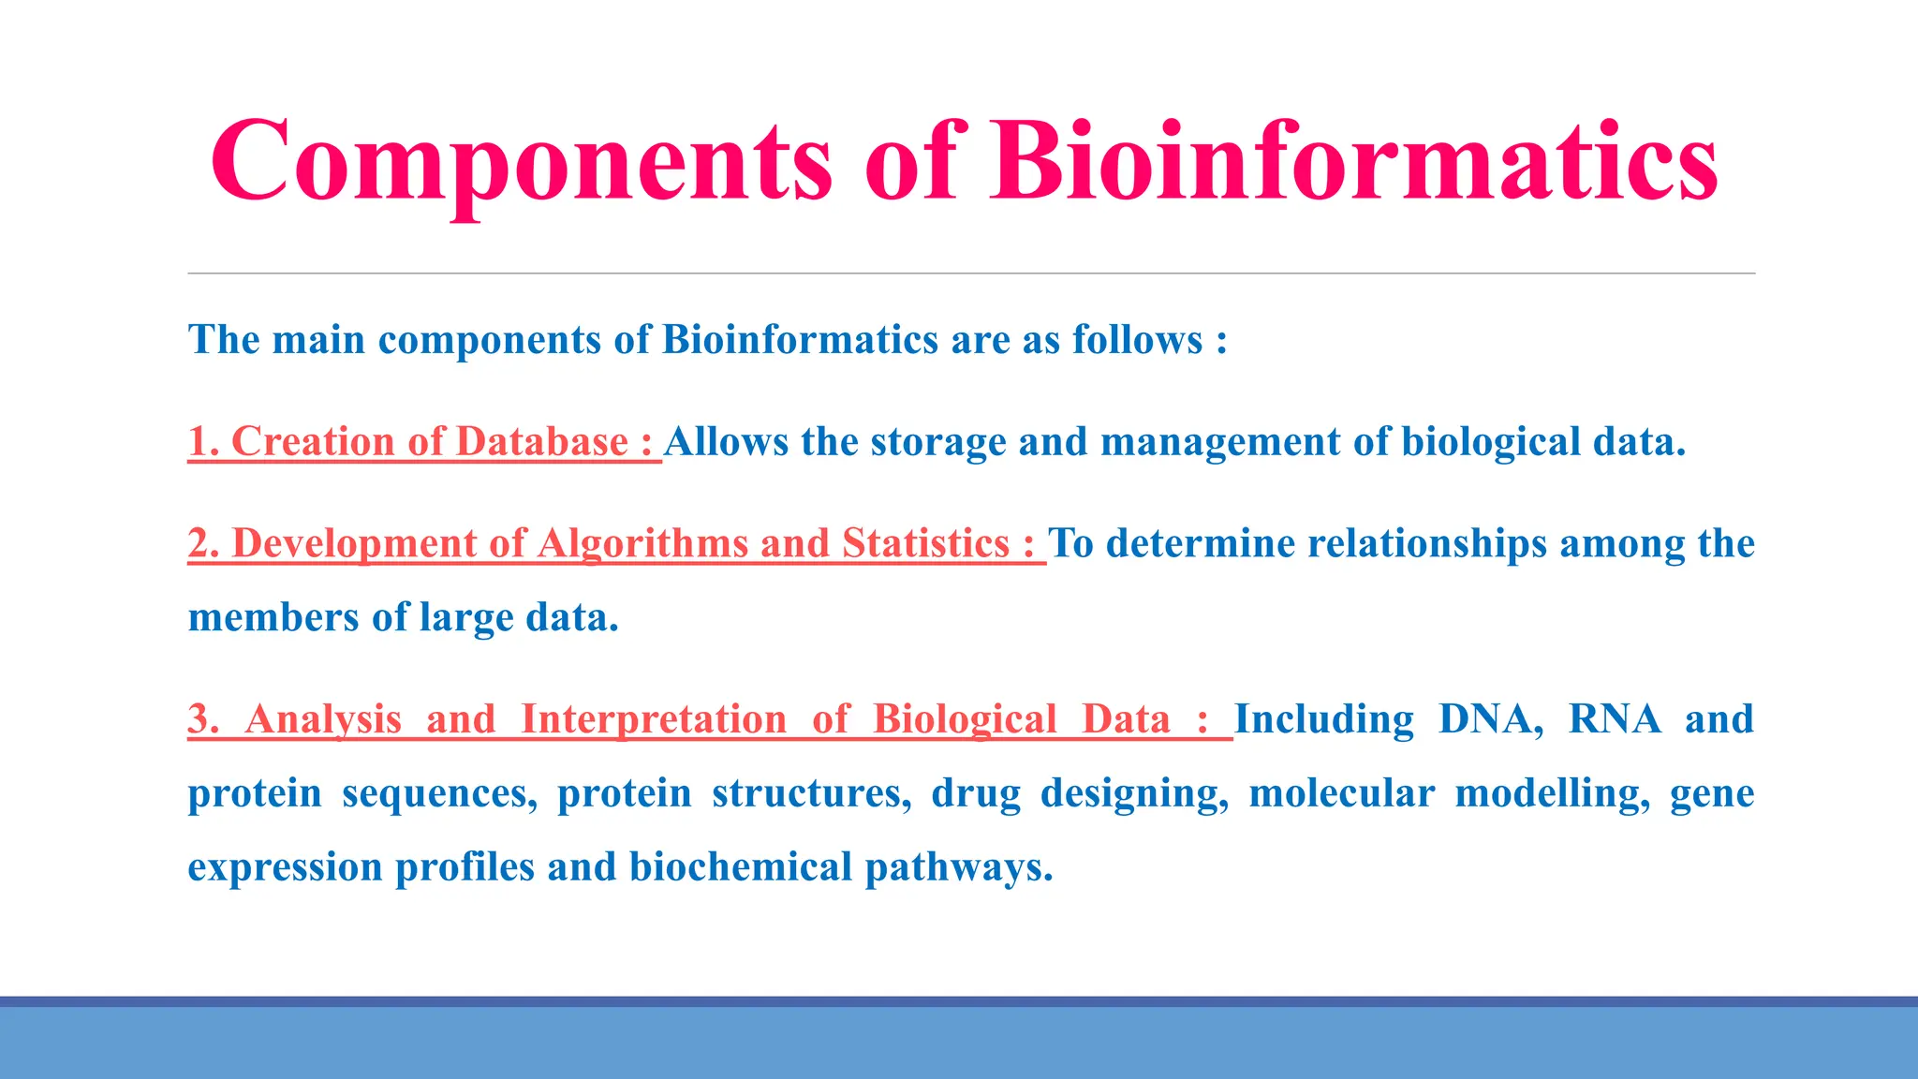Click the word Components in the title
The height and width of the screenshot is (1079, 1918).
coord(521,161)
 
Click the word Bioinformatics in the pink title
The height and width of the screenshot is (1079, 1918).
coord(1354,161)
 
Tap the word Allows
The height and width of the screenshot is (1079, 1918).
coord(727,442)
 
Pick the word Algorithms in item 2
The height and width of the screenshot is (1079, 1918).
coord(642,544)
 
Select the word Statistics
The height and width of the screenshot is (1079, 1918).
coord(925,544)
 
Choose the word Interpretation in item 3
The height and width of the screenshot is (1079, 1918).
coord(654,719)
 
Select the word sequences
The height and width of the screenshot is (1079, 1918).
coord(439,793)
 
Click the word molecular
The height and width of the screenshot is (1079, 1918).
coord(1341,793)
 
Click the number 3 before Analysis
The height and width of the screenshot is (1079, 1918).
coord(199,719)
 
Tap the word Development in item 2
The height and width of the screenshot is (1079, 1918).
coord(354,544)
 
